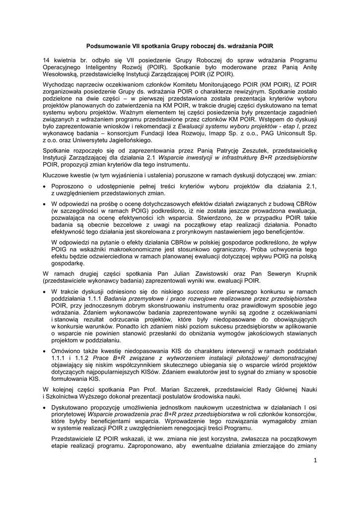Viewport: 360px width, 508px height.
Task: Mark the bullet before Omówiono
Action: (46, 351)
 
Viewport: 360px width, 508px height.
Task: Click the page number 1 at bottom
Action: (314, 461)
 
